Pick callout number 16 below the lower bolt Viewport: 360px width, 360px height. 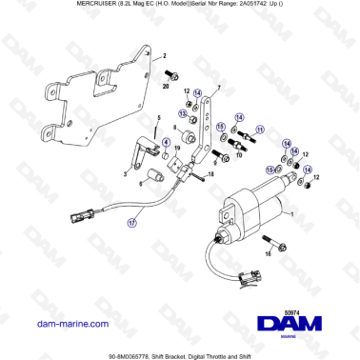pos(269,255)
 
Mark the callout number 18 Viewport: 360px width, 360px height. pos(211,174)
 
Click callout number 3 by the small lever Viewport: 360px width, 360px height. pos(125,174)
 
